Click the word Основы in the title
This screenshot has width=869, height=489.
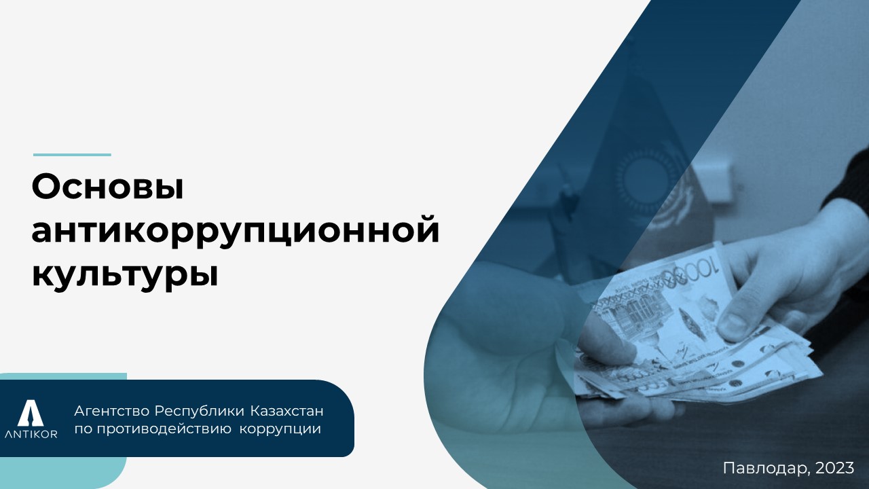(107, 187)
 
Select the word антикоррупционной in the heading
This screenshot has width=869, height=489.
(236, 232)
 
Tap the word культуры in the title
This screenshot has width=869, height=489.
(125, 276)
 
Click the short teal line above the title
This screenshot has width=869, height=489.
(72, 155)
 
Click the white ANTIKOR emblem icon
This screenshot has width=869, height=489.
(31, 412)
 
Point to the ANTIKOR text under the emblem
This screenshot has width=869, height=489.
(31, 434)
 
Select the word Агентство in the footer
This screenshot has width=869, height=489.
(112, 411)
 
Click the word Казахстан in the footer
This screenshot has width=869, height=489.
(286, 411)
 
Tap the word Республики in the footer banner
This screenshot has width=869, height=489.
(200, 412)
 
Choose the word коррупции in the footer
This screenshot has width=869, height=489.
(280, 430)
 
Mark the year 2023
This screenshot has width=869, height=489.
(835, 468)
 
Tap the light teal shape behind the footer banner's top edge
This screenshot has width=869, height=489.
(63, 376)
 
